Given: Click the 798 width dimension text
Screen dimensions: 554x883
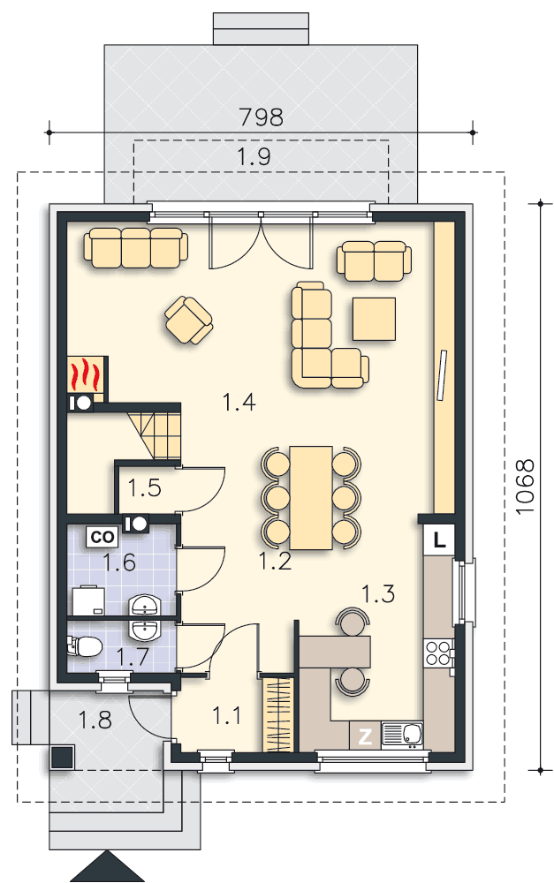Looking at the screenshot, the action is tap(261, 117).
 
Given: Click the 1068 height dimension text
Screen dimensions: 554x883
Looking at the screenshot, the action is tap(524, 486).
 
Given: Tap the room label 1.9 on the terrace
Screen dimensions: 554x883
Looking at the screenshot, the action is tap(254, 156).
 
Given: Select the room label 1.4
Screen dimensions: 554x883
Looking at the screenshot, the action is tap(239, 402).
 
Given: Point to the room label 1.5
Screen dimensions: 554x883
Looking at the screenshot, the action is tap(145, 487).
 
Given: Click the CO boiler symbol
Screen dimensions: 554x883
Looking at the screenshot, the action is tap(102, 537).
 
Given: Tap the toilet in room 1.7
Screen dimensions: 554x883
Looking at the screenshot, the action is tap(85, 646).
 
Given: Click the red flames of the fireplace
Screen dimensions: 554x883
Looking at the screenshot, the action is tap(85, 374).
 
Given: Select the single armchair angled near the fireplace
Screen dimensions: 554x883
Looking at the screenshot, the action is tap(189, 320).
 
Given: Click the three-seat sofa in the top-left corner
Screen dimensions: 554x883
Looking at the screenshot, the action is tap(136, 247).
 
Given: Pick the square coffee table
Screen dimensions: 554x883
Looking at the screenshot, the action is tap(375, 319).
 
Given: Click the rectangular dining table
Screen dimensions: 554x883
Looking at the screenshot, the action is tap(311, 497).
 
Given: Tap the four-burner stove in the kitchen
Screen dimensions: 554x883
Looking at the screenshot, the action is tap(439, 653).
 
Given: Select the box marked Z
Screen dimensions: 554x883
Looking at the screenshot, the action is tap(365, 736).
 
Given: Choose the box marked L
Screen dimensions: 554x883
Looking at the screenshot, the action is tap(439, 540).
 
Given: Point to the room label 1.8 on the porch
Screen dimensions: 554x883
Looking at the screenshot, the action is tap(95, 720).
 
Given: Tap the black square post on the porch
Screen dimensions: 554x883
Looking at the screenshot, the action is tap(62, 758).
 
